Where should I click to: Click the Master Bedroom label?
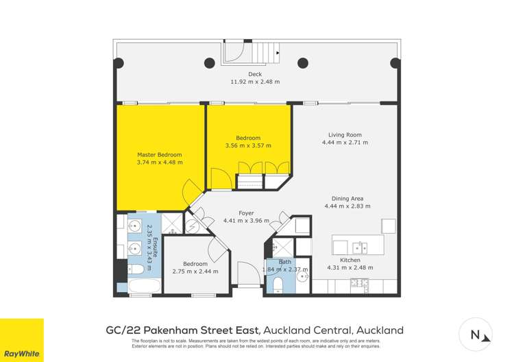[160, 154]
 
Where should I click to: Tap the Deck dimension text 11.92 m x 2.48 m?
[255, 82]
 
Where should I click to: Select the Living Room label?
[345, 134]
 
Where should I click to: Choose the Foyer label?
[247, 213]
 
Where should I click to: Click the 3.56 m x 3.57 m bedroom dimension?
[248, 145]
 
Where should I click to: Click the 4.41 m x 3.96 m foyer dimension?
[247, 221]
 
